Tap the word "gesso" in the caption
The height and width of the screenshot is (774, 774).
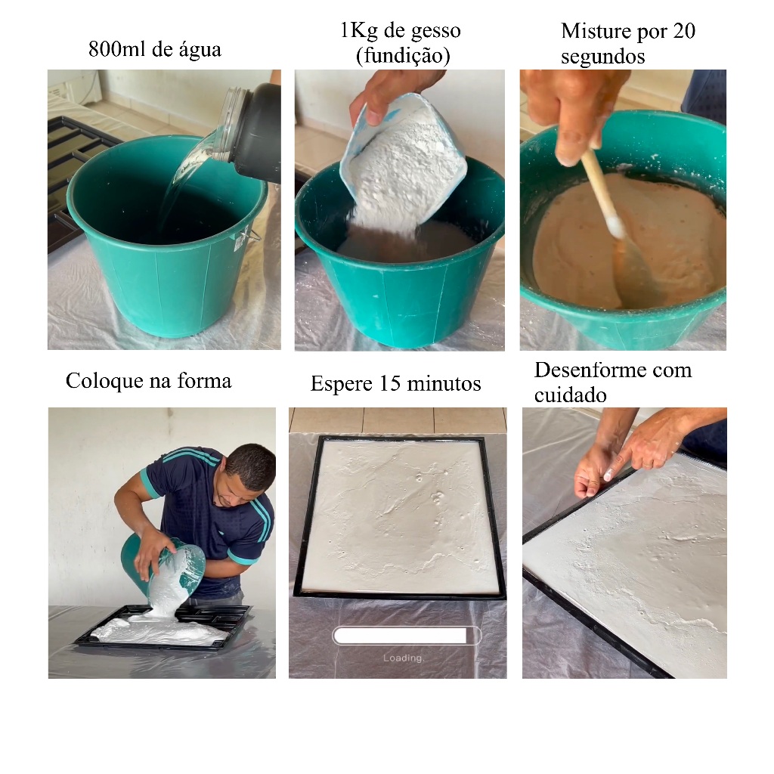point(436,32)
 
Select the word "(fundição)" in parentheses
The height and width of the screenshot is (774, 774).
point(403,55)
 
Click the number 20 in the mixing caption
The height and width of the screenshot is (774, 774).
point(683,30)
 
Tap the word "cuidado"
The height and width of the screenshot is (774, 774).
point(570,395)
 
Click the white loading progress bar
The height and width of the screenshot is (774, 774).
point(407,636)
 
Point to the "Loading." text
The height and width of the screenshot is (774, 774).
point(404,658)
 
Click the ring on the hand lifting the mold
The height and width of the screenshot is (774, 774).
point(647,465)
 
